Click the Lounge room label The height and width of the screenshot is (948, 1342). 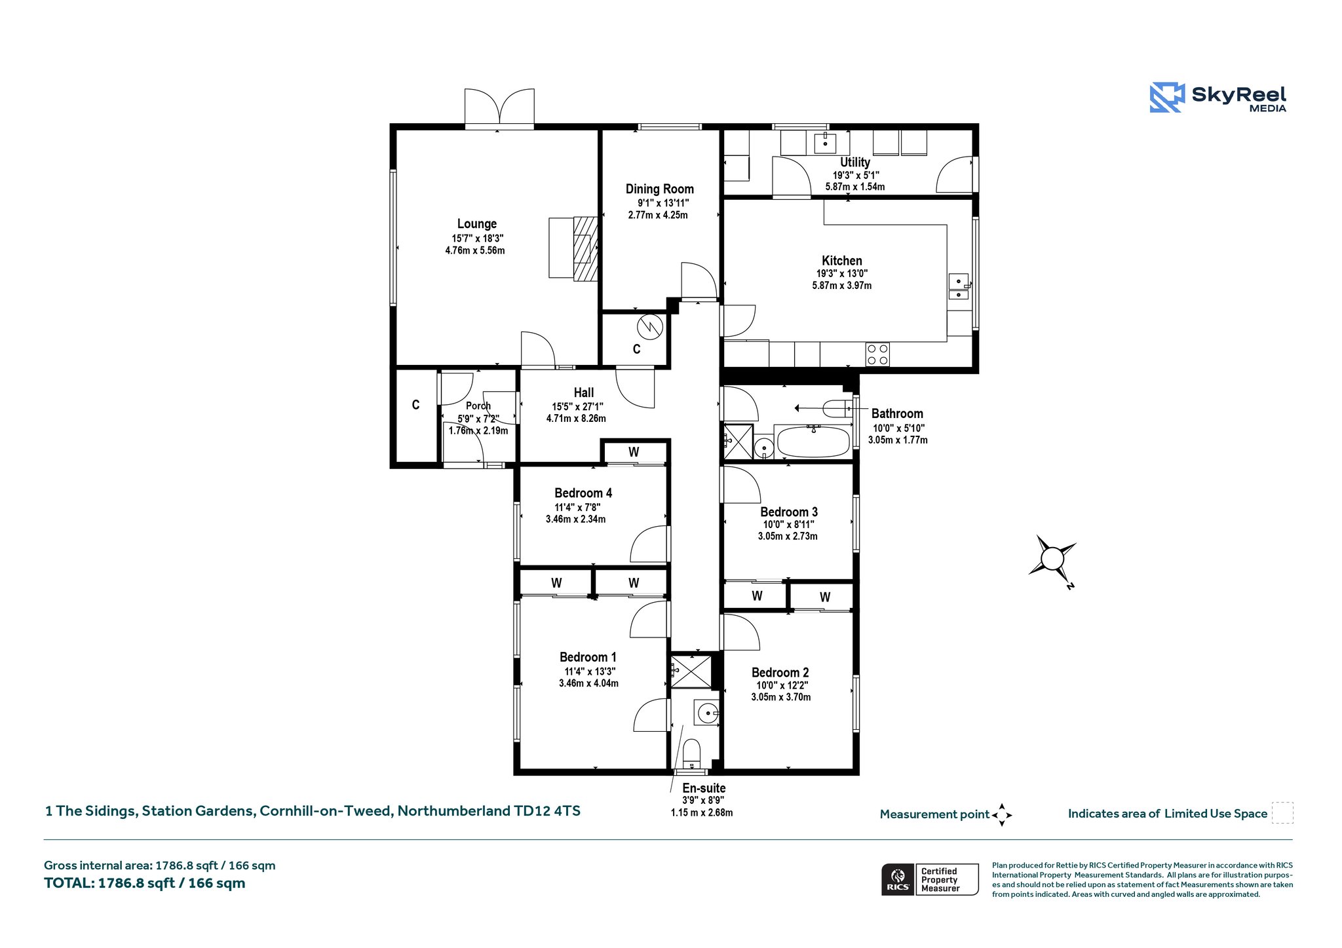point(477,224)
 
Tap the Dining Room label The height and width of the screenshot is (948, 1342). point(659,189)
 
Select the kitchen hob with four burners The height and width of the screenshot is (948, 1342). point(877,354)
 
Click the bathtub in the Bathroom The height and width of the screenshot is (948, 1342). point(812,442)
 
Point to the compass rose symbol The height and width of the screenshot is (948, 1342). point(1052,559)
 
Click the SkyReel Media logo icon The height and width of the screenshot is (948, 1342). point(1166,98)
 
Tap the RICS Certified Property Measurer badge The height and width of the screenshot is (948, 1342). point(930,879)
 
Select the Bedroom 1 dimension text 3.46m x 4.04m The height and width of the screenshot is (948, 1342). point(588,683)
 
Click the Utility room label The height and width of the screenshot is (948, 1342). point(855,162)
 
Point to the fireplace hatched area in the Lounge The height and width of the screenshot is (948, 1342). point(586,248)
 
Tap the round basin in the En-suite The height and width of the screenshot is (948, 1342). point(707,713)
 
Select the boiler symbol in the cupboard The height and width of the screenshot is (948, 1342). point(651,327)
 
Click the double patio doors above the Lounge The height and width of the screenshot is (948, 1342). point(499,107)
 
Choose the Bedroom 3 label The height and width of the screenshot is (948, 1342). point(789,512)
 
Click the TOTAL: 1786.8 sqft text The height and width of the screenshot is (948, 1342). point(144,883)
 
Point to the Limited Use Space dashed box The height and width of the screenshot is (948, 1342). point(1282,812)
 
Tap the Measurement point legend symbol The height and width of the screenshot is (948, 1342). point(1002,815)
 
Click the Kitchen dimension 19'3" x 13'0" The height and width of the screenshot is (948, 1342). point(843,274)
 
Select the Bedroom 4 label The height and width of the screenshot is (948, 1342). point(583,493)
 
